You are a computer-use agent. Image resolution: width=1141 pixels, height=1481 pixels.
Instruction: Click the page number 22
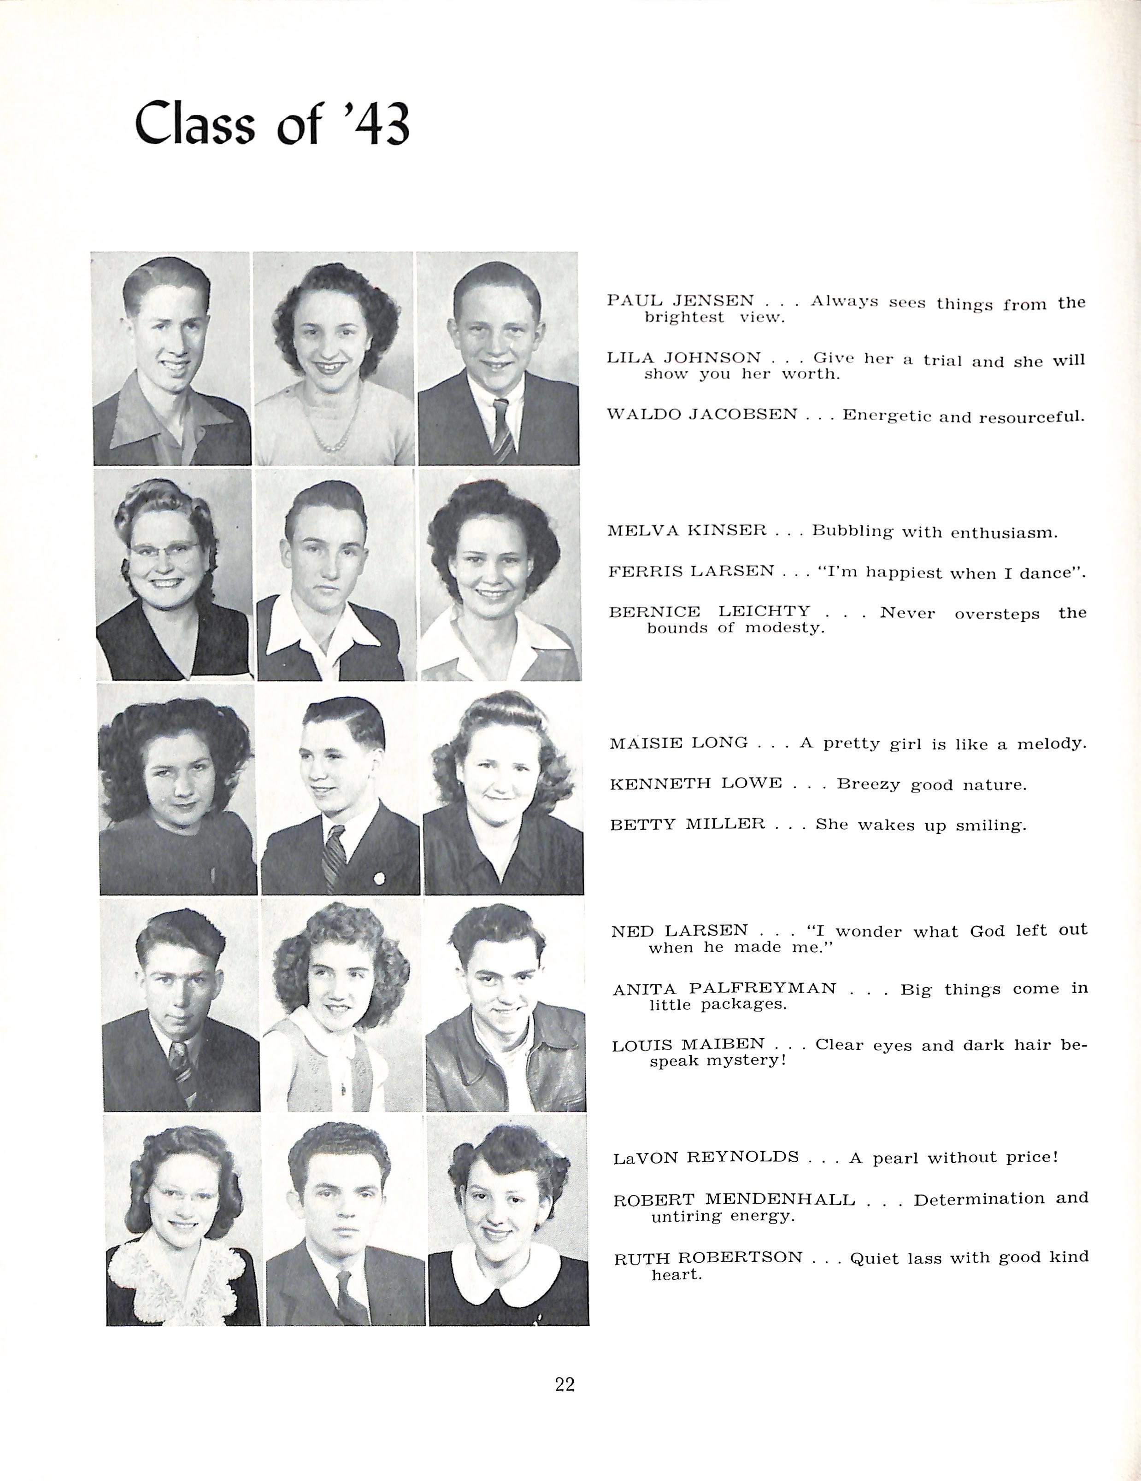pos(565,1384)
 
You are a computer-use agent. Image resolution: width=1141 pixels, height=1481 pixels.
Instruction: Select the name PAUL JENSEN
pos(680,300)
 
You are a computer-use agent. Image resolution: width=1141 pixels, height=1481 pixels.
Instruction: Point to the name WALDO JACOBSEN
pos(702,414)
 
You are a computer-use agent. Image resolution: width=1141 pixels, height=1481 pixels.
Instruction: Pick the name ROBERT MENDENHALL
pos(734,1200)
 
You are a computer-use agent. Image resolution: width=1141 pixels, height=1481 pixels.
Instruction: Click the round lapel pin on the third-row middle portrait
pos(378,879)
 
